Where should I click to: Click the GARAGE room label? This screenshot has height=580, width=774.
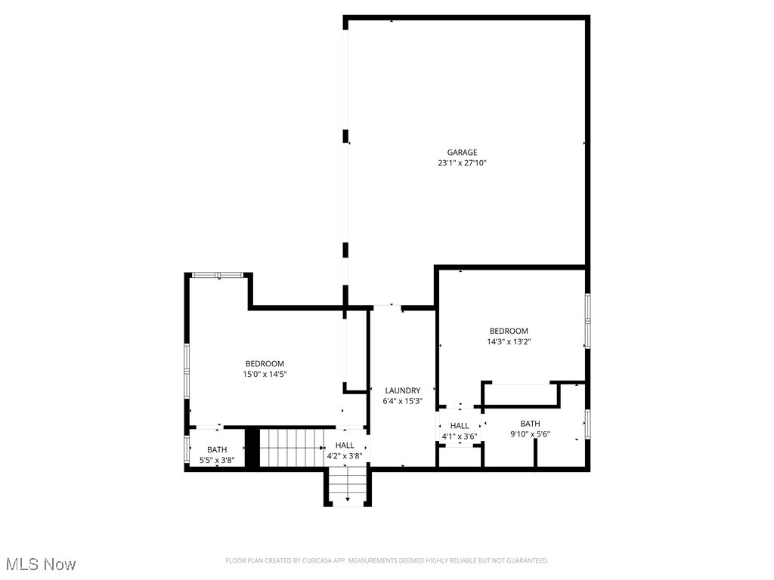pyautogui.click(x=462, y=153)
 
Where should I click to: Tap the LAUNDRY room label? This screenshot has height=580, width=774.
pyautogui.click(x=402, y=390)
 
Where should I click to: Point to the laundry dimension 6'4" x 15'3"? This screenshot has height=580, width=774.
pyautogui.click(x=402, y=402)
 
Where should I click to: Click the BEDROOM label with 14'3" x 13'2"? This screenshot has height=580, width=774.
pyautogui.click(x=509, y=331)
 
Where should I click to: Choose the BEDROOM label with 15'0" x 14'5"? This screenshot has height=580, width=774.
pyautogui.click(x=265, y=363)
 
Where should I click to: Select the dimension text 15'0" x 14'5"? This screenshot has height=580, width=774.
pyautogui.click(x=265, y=374)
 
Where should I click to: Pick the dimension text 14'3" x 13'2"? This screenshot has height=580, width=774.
pyautogui.click(x=509, y=342)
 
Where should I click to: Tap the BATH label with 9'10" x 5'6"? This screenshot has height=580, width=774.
pyautogui.click(x=530, y=424)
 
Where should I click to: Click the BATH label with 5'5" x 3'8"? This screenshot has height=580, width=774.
pyautogui.click(x=217, y=450)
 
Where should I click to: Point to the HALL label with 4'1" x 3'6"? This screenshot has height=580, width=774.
pyautogui.click(x=460, y=426)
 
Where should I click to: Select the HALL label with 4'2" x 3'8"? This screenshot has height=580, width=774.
pyautogui.click(x=345, y=446)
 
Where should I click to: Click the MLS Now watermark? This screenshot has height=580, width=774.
pyautogui.click(x=41, y=564)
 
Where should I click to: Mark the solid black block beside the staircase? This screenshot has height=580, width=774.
pyautogui.click(x=252, y=448)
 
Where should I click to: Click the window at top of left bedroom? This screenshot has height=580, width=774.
pyautogui.click(x=217, y=275)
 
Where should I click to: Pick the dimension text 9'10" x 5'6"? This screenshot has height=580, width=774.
pyautogui.click(x=530, y=434)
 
